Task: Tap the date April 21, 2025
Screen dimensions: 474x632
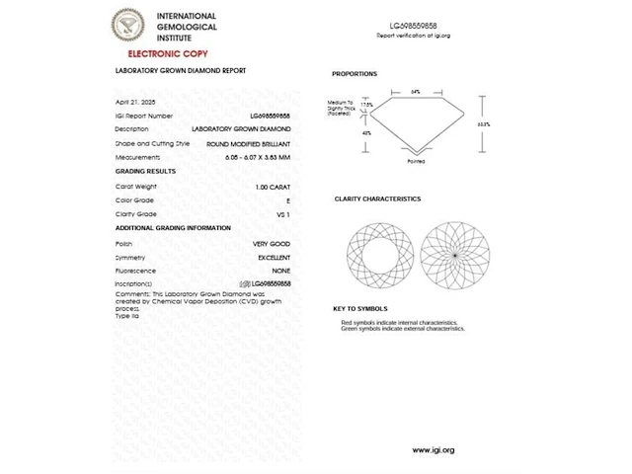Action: click(136, 102)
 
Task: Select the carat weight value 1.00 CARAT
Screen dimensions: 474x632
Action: click(273, 187)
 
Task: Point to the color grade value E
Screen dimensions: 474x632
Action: click(287, 200)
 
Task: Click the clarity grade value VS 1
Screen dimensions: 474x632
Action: click(283, 213)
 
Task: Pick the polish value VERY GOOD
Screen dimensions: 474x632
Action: click(272, 243)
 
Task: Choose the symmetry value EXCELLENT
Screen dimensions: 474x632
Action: click(274, 257)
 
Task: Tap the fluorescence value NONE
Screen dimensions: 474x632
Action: click(281, 270)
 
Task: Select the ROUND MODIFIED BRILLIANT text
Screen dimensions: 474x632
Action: click(248, 143)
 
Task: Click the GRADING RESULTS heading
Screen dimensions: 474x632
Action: click(145, 172)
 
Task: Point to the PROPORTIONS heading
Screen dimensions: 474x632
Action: click(354, 74)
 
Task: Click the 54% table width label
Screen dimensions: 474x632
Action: click(416, 91)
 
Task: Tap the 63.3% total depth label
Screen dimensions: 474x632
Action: click(483, 124)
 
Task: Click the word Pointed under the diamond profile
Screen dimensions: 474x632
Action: click(416, 161)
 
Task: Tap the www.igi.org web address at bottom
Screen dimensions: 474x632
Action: click(434, 450)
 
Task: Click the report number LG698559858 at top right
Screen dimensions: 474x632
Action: click(413, 25)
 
